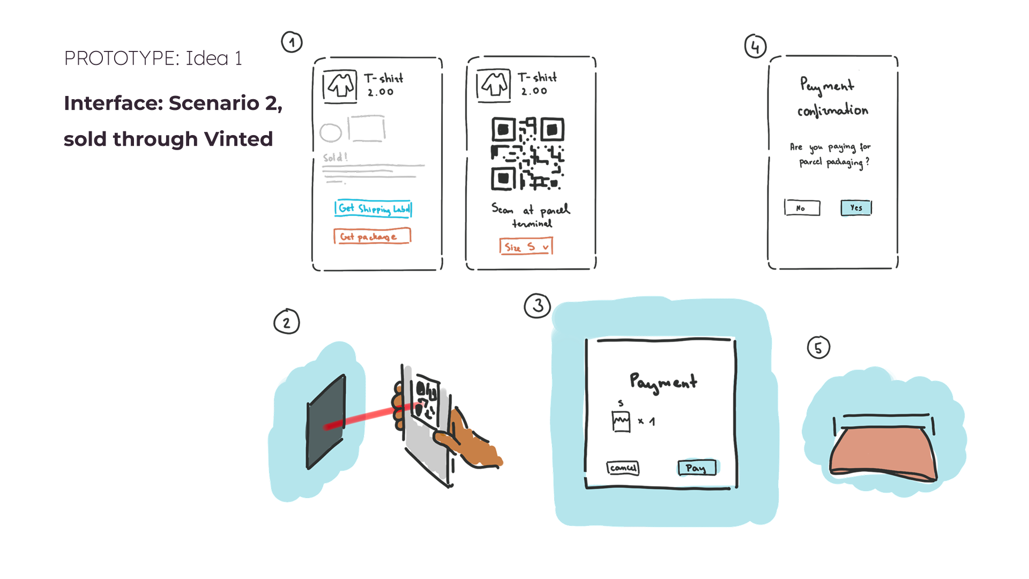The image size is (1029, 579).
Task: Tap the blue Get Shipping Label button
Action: (373, 208)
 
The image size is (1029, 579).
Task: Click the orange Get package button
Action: (372, 236)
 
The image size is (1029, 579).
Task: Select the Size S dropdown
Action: (526, 247)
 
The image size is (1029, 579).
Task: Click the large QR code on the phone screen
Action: (527, 154)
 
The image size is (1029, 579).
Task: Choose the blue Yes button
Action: (856, 207)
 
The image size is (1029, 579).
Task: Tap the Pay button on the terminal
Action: (696, 467)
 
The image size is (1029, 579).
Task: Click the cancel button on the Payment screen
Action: (623, 467)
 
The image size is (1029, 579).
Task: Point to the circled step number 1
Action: (292, 42)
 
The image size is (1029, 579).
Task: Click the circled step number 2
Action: (287, 322)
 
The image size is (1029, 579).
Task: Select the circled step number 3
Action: (538, 306)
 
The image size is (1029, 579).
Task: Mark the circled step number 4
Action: (755, 47)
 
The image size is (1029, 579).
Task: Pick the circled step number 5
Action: (818, 347)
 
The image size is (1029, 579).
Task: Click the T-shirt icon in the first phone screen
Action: (340, 85)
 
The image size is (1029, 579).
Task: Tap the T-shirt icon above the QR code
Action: (494, 85)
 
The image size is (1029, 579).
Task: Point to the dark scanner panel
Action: (326, 422)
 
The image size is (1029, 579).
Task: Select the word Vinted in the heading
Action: (238, 139)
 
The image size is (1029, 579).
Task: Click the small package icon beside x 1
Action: (621, 421)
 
